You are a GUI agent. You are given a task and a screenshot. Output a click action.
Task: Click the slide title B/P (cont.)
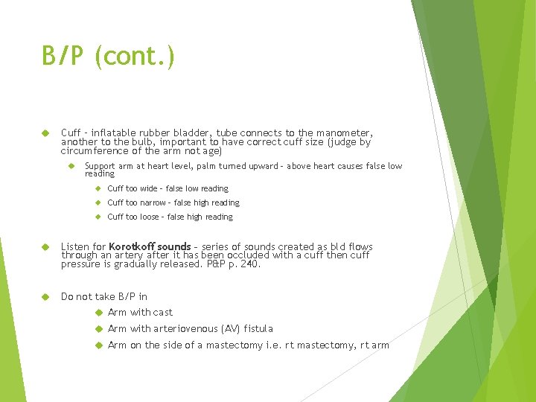point(109,57)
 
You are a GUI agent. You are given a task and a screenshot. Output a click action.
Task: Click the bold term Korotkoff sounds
point(150,246)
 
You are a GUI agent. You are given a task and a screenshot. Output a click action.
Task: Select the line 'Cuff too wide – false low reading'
point(167,189)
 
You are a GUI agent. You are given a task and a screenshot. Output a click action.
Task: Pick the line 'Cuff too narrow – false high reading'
point(173,202)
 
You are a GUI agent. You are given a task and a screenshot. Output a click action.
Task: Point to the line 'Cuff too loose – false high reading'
point(170,217)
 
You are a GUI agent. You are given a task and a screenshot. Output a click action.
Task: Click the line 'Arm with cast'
point(140,313)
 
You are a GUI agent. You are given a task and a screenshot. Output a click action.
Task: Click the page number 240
point(249,264)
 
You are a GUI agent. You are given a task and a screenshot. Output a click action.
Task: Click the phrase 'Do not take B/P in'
point(104,296)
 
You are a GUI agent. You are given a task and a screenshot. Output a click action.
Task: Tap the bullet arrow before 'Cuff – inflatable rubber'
point(45,133)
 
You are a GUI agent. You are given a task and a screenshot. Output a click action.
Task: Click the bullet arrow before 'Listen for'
point(45,246)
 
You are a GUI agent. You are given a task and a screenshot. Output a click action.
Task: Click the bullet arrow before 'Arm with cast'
point(98,313)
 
